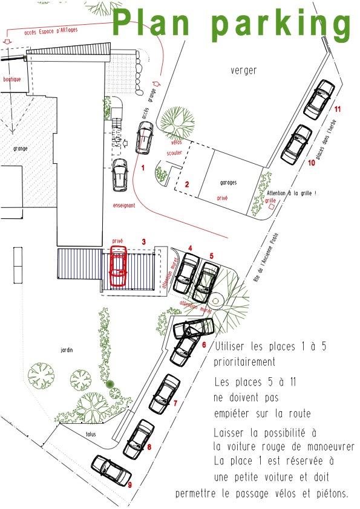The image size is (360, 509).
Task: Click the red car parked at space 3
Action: (118, 266)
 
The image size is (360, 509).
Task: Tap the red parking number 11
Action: (338, 109)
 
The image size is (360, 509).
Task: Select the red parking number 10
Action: (311, 162)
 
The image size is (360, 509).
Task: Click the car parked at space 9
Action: (111, 470)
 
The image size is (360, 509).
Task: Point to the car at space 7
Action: (165, 394)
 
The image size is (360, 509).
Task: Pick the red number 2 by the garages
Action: (187, 184)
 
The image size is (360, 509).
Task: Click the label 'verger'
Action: (244, 71)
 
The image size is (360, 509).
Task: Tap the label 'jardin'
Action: (67, 349)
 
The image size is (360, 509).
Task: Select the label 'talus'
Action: (91, 433)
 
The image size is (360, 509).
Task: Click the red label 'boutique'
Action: (12, 79)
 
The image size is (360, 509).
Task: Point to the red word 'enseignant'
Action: (124, 205)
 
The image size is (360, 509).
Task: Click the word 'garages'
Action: (229, 183)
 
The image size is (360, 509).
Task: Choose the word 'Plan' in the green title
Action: (151, 22)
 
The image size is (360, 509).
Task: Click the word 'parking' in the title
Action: (281, 25)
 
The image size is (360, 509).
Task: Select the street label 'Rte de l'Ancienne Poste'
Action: (266, 257)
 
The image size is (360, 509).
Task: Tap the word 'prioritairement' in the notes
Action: (244, 361)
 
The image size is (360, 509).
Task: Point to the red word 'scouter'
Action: (174, 152)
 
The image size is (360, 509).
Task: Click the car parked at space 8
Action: (139, 439)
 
